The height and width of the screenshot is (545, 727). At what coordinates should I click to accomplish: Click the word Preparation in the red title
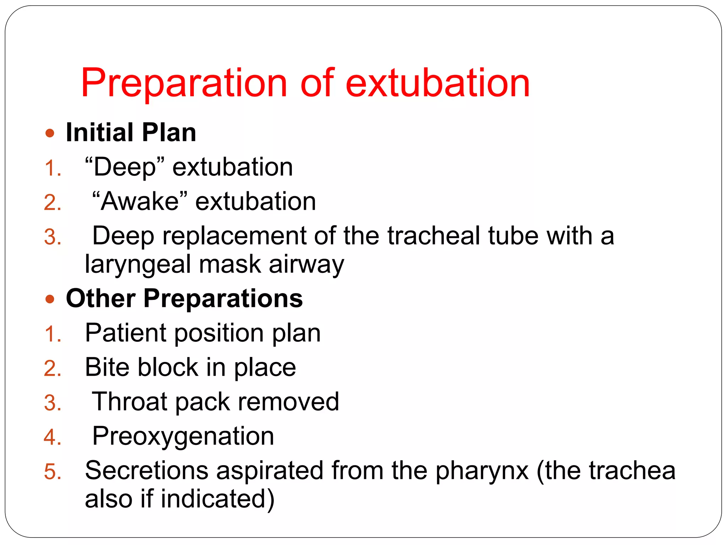184,83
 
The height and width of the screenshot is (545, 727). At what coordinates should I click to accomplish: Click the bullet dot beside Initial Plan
50,133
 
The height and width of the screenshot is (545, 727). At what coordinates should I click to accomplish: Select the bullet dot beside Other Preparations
50,299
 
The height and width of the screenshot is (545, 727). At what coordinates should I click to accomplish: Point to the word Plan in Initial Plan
169,132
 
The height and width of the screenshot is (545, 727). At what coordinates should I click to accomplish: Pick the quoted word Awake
140,201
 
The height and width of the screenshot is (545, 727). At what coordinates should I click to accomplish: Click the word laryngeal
138,265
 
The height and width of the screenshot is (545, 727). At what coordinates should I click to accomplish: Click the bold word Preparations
223,298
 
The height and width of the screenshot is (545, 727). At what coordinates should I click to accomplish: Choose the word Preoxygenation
183,436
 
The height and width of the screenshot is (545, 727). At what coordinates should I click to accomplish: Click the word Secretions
146,470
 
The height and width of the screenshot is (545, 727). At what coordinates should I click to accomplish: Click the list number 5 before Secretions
52,472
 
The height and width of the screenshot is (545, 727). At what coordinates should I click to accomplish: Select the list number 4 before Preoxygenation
52,437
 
